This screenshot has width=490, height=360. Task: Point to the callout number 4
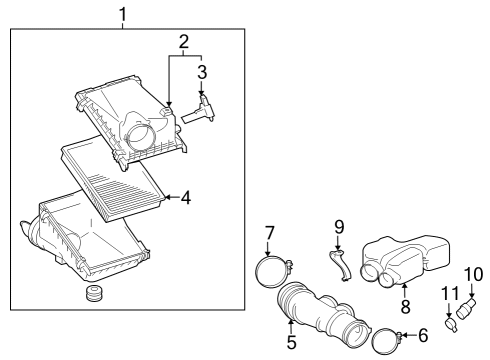point(186,198)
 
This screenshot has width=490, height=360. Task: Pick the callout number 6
point(423,336)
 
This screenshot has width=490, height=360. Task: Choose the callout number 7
point(269,234)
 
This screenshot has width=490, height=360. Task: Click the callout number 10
point(473,272)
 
